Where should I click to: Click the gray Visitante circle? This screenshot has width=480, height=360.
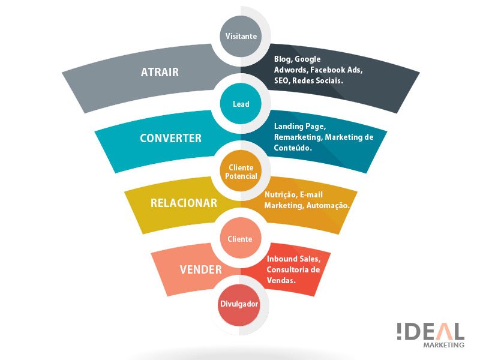(x=241, y=36)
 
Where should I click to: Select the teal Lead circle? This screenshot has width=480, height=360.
(x=241, y=103)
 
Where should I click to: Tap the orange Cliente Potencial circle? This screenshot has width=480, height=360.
(x=241, y=171)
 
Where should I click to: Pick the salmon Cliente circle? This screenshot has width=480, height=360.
(x=241, y=238)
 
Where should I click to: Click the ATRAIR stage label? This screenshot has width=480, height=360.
(x=160, y=72)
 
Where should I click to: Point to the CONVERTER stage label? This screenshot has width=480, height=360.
(x=171, y=138)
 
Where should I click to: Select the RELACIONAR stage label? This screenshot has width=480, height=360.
(x=184, y=203)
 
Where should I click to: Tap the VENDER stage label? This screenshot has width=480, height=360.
(x=201, y=269)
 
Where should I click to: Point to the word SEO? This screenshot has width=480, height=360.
(x=281, y=80)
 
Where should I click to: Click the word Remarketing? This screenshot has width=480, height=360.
(x=298, y=137)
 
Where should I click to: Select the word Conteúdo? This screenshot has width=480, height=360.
(x=293, y=148)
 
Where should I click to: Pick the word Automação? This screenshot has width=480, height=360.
(x=328, y=205)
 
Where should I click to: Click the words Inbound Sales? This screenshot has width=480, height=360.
(x=293, y=259)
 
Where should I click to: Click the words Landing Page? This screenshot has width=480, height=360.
(x=300, y=127)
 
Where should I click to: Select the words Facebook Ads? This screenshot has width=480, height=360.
(x=337, y=70)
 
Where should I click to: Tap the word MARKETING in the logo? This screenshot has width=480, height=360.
(x=443, y=344)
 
